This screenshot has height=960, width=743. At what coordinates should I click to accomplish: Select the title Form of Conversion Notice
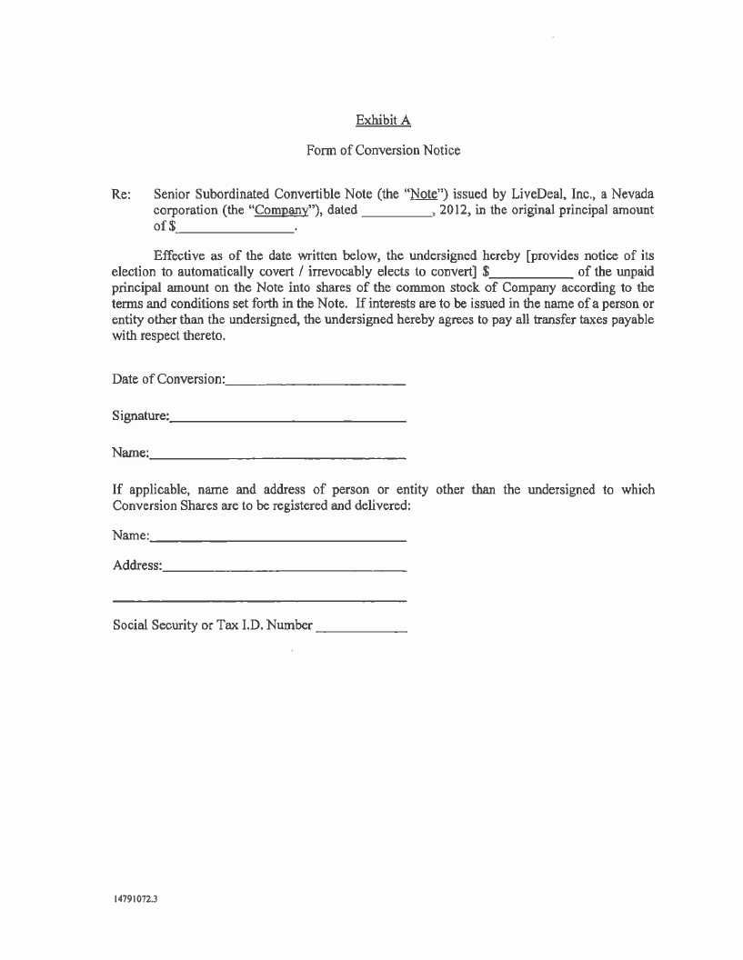[383, 150]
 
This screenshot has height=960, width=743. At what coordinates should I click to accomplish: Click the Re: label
[121, 195]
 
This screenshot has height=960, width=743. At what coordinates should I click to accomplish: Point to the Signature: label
[141, 416]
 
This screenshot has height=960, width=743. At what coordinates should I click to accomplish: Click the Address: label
[137, 565]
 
